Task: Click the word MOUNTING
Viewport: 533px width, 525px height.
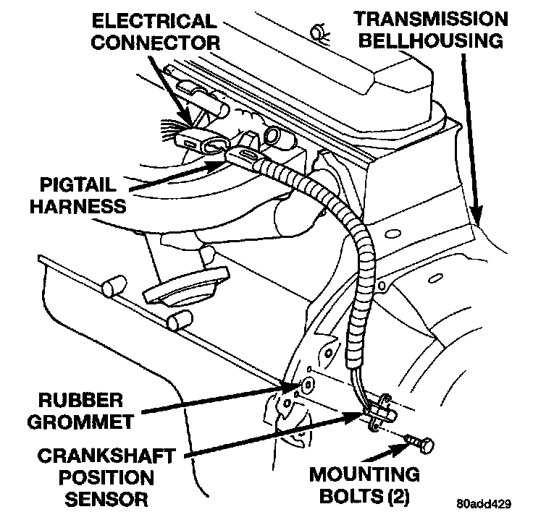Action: tap(364, 475)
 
